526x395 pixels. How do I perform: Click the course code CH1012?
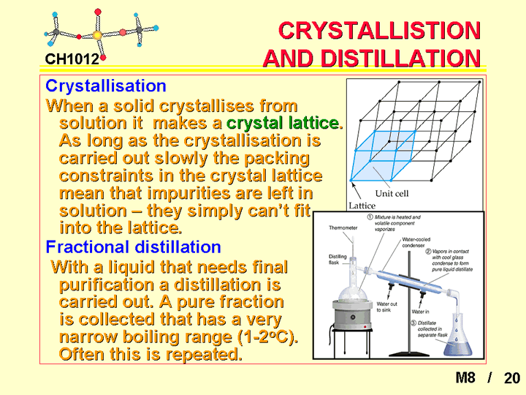(x=72, y=59)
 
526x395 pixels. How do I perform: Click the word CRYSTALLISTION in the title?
(x=380, y=30)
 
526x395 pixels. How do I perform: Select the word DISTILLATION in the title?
(x=400, y=59)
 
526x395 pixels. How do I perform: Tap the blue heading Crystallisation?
(x=106, y=86)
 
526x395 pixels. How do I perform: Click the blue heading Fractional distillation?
(x=133, y=247)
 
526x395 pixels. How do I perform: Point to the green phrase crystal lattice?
(x=285, y=123)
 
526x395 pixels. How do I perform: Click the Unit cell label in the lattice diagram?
(x=392, y=193)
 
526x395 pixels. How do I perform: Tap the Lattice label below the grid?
(x=362, y=206)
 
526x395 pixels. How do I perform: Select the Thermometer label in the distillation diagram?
(x=343, y=227)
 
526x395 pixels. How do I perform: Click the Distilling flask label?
(x=338, y=259)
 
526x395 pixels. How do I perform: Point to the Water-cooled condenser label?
(x=416, y=242)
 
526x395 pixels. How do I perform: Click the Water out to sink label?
(x=386, y=306)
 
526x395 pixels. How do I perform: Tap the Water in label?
(x=420, y=312)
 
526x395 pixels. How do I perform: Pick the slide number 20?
(x=512, y=378)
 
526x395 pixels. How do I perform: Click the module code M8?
(x=465, y=377)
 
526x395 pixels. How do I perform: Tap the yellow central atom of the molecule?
(x=97, y=35)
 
